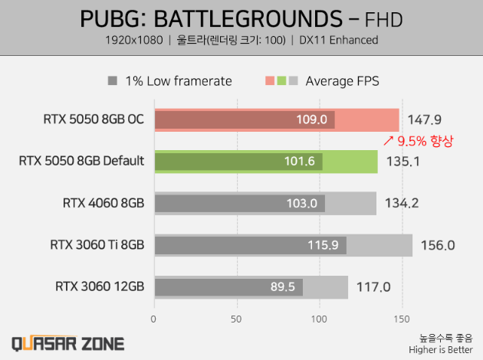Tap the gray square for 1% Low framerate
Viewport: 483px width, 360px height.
[x=112, y=80]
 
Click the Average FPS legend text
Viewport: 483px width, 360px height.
[x=342, y=80]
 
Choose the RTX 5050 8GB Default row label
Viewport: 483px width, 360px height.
[x=81, y=161]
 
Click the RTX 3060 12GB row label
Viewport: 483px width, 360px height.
[x=100, y=287]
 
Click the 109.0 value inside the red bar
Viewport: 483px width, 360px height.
[x=312, y=120]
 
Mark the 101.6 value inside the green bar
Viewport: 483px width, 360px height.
[x=300, y=162]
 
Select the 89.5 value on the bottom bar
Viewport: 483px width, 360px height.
[x=283, y=287]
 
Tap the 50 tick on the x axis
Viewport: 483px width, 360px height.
[x=236, y=318]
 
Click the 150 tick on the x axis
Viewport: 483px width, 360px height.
[x=401, y=318]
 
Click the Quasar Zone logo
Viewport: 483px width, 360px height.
[x=67, y=343]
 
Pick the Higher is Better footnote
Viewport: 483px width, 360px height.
[x=445, y=349]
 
